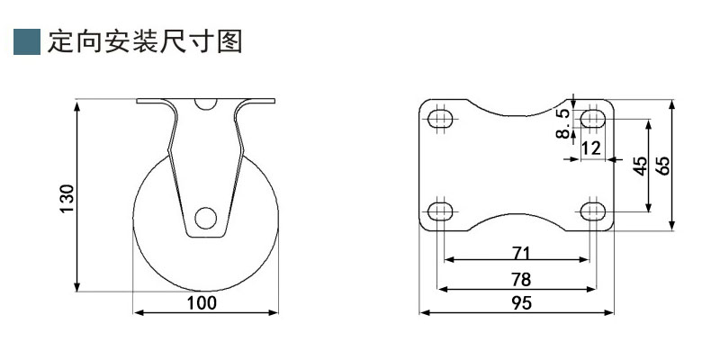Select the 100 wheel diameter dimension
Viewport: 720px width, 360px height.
click(202, 302)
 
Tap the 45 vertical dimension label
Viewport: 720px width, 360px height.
click(640, 166)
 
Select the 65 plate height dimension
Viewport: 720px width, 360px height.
click(663, 166)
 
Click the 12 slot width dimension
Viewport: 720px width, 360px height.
click(590, 148)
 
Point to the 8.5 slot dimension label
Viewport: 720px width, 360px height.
click(563, 123)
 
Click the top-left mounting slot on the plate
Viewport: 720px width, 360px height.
click(440, 120)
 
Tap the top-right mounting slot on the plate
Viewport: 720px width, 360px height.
click(591, 120)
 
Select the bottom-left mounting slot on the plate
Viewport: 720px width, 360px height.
click(440, 211)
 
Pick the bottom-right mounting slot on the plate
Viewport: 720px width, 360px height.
click(591, 211)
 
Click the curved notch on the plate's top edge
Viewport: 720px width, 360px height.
click(516, 108)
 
